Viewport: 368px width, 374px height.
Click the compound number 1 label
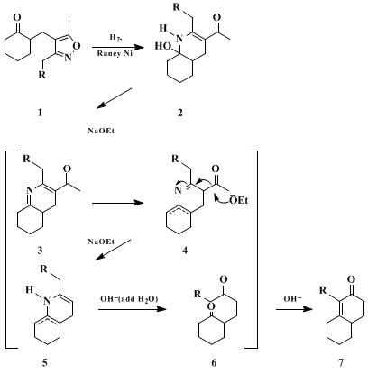pos(40,113)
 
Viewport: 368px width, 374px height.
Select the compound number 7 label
pos(340,363)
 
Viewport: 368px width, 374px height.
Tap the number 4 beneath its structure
pos(185,250)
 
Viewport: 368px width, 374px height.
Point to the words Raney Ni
pos(115,53)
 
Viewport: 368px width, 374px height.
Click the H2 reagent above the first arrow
pos(115,38)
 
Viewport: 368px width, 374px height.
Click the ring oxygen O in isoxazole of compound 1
pos(78,46)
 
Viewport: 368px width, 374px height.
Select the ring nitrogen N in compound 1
pos(69,58)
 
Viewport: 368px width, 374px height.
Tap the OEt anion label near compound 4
pos(239,199)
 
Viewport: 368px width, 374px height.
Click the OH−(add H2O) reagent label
pos(129,299)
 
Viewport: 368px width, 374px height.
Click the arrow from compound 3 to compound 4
pos(118,203)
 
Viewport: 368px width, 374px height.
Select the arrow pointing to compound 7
pos(294,309)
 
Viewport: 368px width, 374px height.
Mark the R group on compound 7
pos(322,290)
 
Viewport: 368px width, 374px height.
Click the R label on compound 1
pos(41,74)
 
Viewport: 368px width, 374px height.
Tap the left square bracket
pos(12,249)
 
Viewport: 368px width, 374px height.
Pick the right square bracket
pos(251,249)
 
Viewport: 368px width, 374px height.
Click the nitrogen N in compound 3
pos(29,190)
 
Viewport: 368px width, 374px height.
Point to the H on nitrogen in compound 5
pos(29,289)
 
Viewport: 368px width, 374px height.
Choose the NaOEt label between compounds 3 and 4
pos(101,242)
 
